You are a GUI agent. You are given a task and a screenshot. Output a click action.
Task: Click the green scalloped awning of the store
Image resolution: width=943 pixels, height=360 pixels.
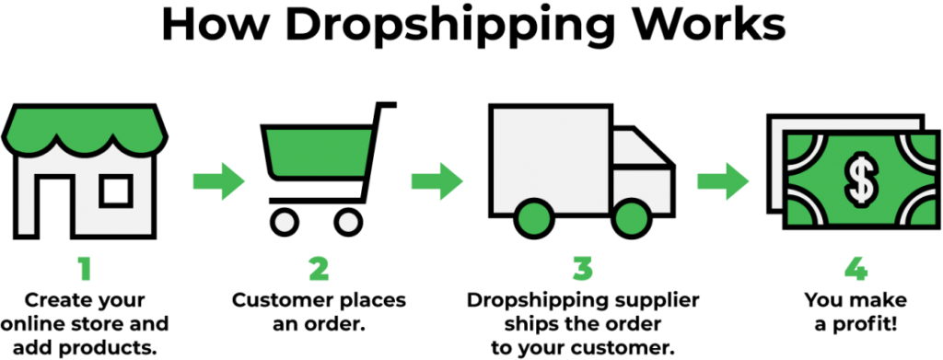85,128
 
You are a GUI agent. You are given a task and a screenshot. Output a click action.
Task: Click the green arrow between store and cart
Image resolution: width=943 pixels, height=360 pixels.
221,180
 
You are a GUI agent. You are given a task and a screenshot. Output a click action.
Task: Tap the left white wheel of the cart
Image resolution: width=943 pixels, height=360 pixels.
285,222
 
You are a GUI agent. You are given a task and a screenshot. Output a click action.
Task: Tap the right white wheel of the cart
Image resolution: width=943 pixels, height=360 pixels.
348,222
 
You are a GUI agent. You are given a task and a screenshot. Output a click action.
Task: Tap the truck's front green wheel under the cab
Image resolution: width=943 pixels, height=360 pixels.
632,217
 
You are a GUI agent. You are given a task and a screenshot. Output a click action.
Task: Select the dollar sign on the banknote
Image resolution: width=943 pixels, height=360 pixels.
862,176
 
